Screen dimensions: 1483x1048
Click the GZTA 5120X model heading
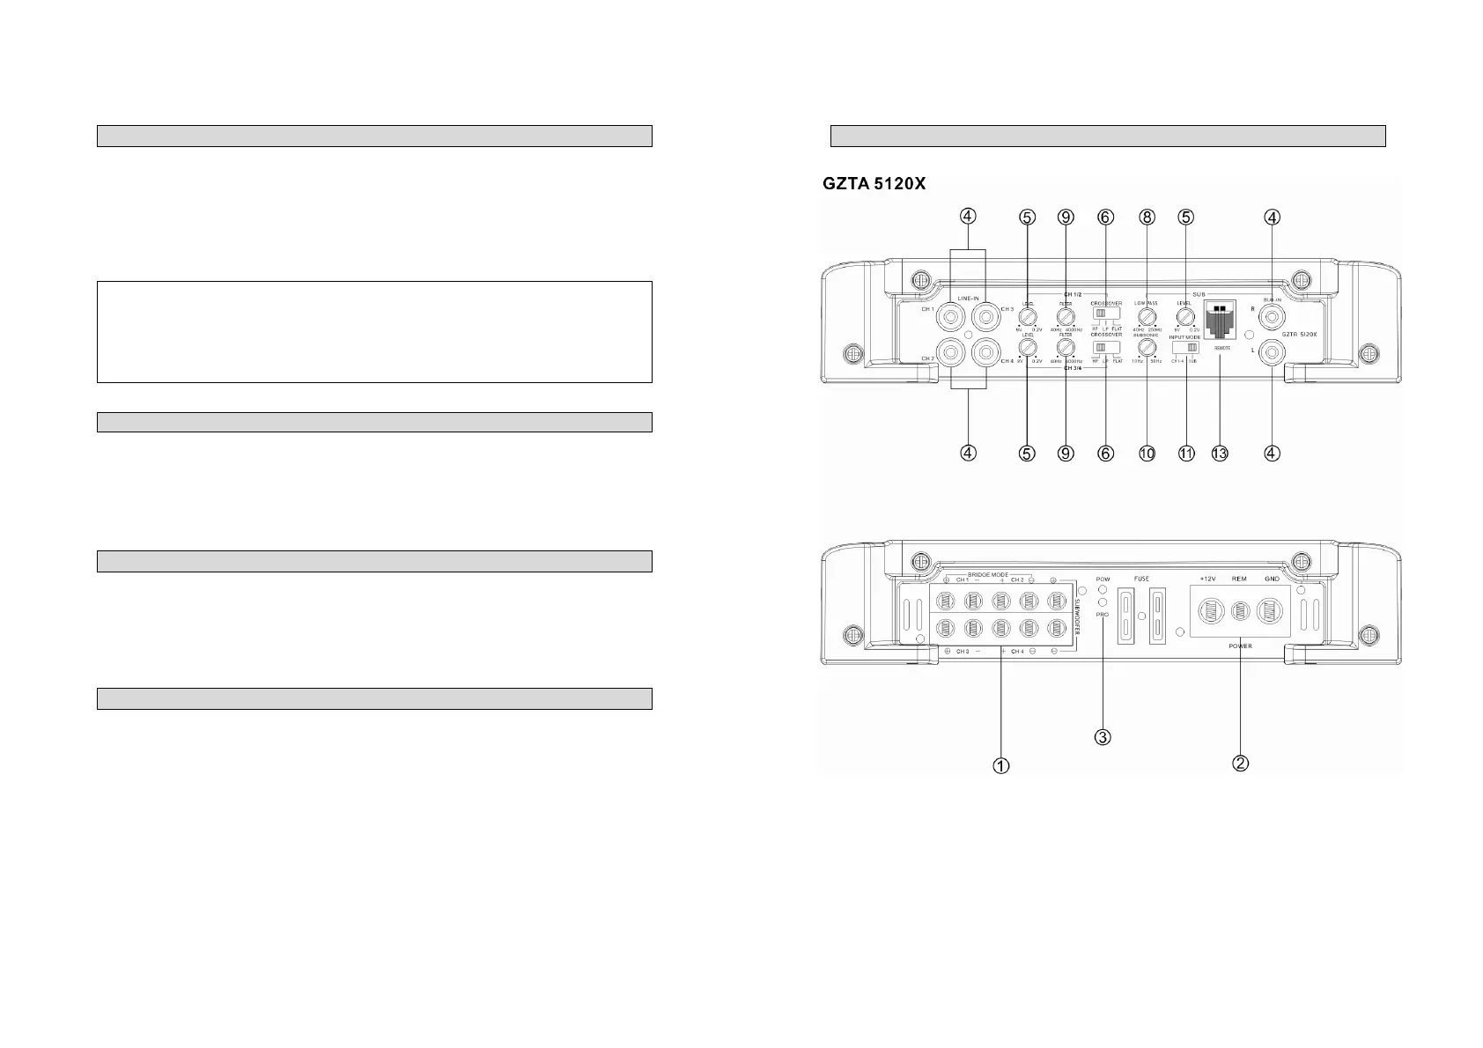pyautogui.click(x=874, y=184)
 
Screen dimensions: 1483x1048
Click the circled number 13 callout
pyautogui.click(x=1219, y=454)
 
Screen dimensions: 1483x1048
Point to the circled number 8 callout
pyautogui.click(x=1146, y=217)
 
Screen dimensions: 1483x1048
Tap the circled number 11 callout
pyautogui.click(x=1185, y=454)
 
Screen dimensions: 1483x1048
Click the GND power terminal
pyautogui.click(x=1271, y=610)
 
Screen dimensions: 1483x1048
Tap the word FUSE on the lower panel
pyautogui.click(x=1141, y=579)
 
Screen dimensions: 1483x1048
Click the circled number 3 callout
pyautogui.click(x=1103, y=736)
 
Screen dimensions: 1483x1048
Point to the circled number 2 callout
pyautogui.click(x=1239, y=763)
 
